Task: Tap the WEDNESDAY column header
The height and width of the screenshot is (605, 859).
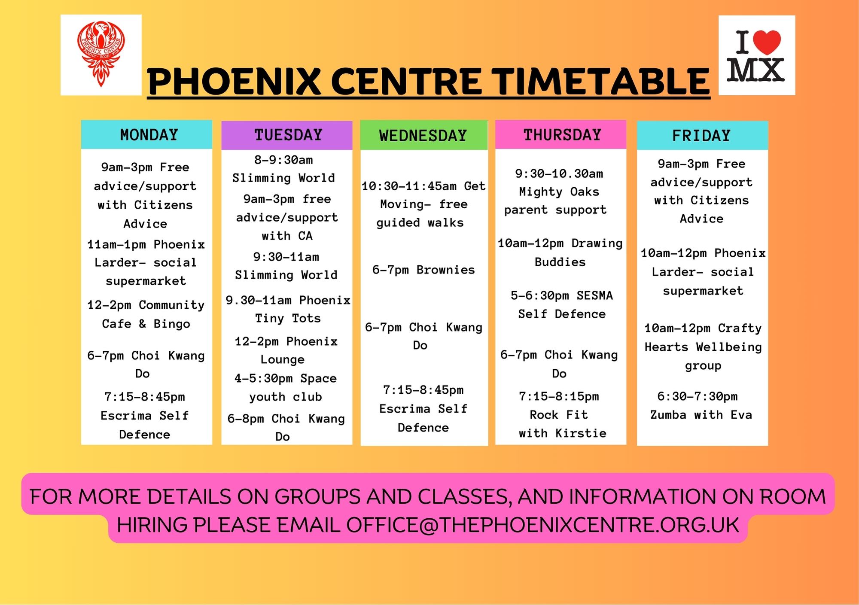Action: [423, 135]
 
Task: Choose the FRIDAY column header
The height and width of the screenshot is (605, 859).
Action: [702, 135]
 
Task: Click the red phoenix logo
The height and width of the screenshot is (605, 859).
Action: [101, 55]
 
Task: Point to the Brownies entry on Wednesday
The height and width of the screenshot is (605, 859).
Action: [423, 270]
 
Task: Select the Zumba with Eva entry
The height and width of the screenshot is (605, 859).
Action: [701, 405]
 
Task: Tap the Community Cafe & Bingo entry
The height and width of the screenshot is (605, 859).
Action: [146, 314]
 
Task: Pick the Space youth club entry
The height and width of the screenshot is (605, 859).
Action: [286, 387]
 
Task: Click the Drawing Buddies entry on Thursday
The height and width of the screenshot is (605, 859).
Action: [560, 252]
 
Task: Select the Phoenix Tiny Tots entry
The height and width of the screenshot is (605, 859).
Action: [288, 309]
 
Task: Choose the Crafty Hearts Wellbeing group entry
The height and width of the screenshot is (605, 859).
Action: [703, 347]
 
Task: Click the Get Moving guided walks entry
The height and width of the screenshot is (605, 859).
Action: [423, 204]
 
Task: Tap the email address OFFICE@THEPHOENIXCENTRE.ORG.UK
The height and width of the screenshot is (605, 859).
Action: [542, 525]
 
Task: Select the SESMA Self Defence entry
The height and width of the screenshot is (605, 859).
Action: [561, 304]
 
